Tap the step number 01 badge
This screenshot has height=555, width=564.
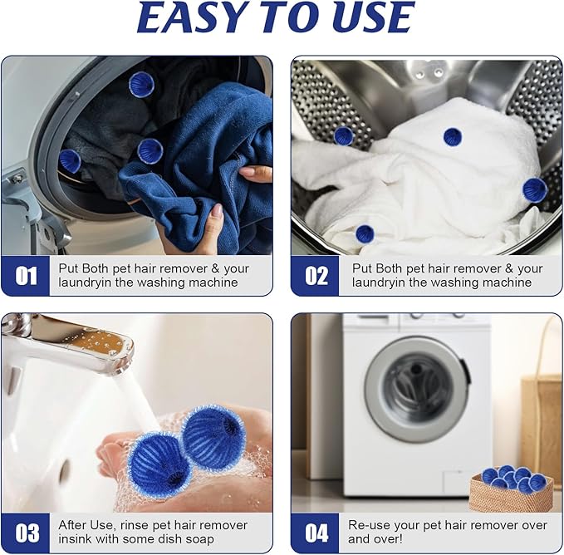pyautogui.click(x=26, y=276)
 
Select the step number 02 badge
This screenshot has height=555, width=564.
pyautogui.click(x=316, y=276)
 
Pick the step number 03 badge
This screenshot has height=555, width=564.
pyautogui.click(x=26, y=533)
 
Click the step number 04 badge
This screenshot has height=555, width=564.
pyautogui.click(x=316, y=533)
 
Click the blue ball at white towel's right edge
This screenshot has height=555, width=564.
pyautogui.click(x=534, y=189)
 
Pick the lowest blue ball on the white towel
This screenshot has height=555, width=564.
pyautogui.click(x=365, y=234)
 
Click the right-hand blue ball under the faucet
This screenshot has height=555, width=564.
pyautogui.click(x=213, y=431)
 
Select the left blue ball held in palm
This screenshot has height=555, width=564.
pyautogui.click(x=159, y=461)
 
